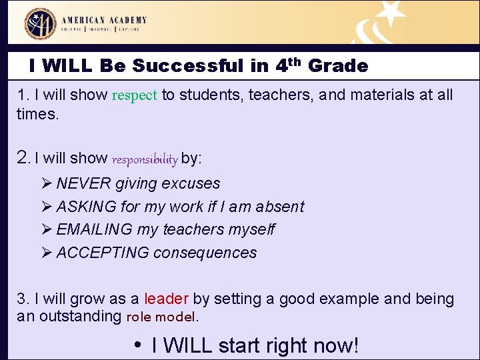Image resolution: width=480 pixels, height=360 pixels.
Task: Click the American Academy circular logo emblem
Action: pos(41,23)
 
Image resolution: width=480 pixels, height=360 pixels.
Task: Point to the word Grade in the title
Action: pos(337,66)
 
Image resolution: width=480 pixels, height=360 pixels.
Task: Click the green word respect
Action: pos(134,95)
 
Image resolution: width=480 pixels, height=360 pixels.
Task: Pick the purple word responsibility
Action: pos(145,159)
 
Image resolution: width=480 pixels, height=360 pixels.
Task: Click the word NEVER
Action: pos(84,183)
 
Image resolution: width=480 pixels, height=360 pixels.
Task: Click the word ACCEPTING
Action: pos(103,253)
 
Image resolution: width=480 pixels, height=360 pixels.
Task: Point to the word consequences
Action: pos(205,253)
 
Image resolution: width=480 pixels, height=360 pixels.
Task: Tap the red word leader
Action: pos(166,299)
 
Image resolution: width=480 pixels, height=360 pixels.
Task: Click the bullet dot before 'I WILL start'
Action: pos(137,344)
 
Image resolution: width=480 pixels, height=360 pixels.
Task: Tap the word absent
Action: pos(280,207)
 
